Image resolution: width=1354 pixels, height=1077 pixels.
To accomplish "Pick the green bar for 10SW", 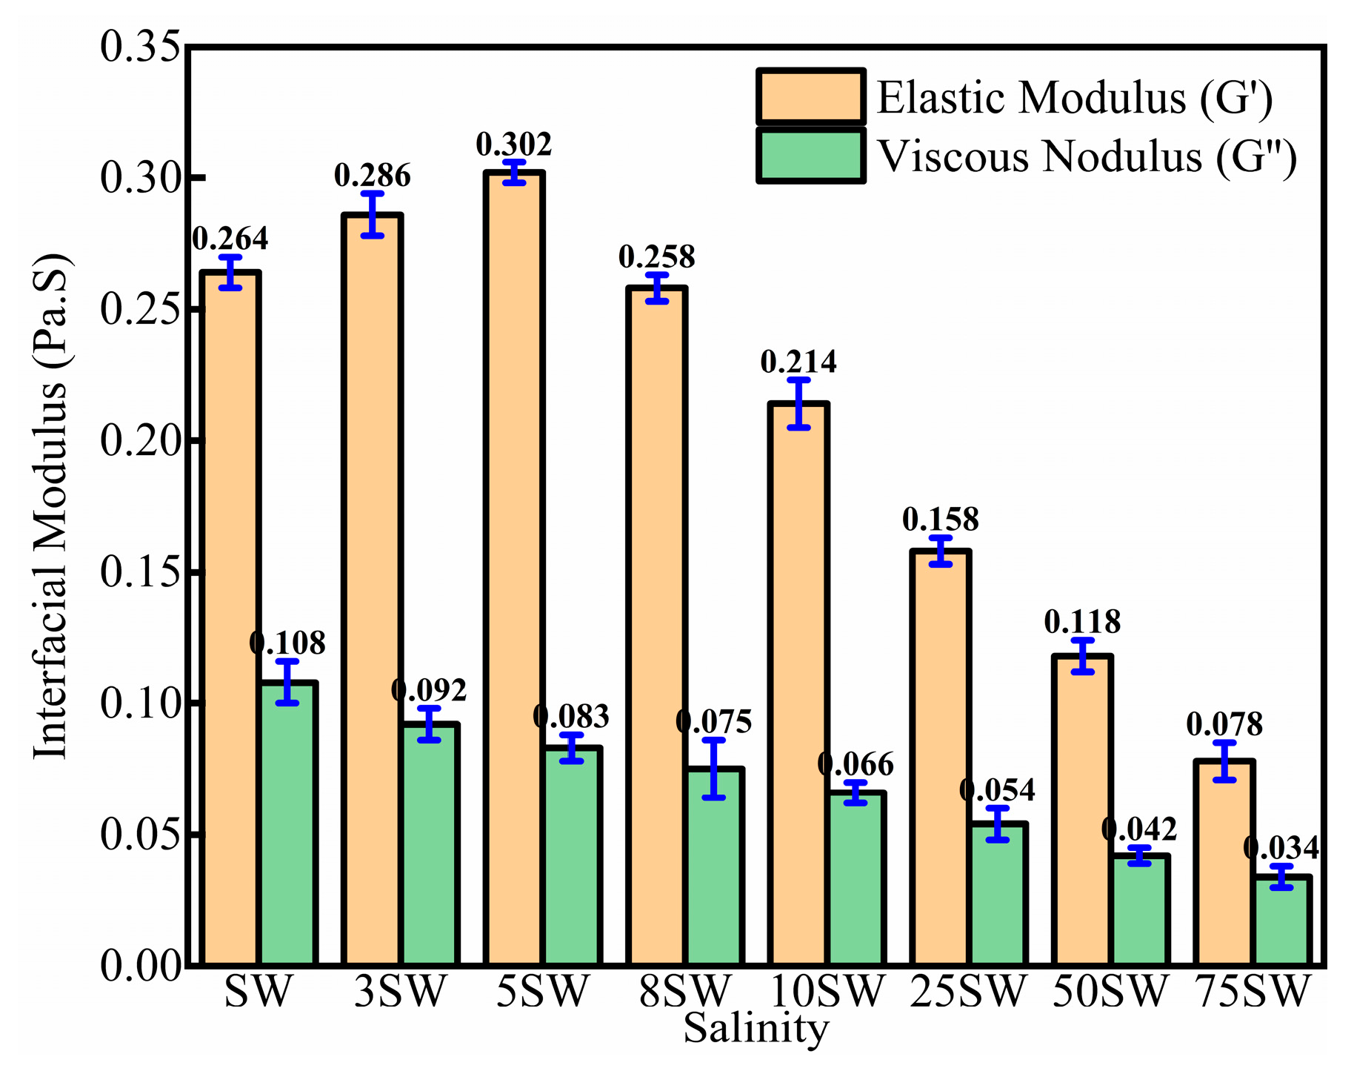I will [x=856, y=878].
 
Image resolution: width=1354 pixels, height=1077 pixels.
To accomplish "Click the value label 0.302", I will [x=514, y=144].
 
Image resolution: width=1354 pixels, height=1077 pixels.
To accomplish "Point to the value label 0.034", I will [x=1281, y=847].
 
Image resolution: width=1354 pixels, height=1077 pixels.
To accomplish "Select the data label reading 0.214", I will [x=798, y=362].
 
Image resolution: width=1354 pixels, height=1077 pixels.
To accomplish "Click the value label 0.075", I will [x=714, y=720].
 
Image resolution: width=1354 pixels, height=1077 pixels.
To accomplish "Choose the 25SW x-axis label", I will [x=968, y=991].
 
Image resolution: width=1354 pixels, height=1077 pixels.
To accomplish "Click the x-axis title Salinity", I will [x=755, y=1029].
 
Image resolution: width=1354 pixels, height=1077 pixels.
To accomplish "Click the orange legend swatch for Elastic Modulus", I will [x=810, y=97].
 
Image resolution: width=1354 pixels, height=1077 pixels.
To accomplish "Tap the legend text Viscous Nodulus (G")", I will [x=1087, y=157].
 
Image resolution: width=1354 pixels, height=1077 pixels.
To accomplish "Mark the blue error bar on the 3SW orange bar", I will [x=373, y=214].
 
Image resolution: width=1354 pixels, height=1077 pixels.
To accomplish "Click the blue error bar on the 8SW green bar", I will [x=714, y=769].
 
